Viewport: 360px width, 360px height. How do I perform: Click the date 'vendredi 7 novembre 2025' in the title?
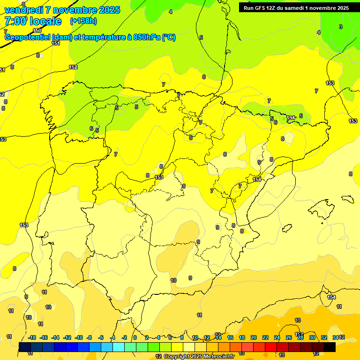tap(62, 10)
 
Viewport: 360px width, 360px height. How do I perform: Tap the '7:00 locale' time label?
tap(33, 21)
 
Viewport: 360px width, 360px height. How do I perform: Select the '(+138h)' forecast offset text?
tap(83, 21)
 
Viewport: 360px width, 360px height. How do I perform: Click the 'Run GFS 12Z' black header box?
tap(296, 7)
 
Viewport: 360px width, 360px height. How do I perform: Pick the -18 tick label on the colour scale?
tap(32, 337)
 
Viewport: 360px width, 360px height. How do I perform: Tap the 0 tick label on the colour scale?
tap(135, 337)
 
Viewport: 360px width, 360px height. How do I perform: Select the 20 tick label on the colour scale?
tap(254, 337)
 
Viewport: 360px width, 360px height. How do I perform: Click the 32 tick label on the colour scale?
tap(324, 337)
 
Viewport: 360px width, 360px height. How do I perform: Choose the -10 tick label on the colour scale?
tap(79, 337)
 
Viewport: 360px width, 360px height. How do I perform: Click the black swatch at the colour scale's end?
tap(330, 347)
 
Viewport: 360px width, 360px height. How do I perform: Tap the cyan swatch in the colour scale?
tap(119, 347)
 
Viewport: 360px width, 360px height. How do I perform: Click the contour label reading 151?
tap(56, 43)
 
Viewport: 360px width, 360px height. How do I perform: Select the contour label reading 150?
tap(37, 30)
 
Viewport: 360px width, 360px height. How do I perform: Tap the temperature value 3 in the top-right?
tap(341, 27)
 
